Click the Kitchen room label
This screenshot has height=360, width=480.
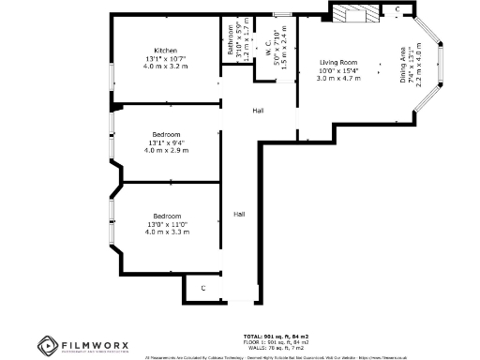[x=166, y=50]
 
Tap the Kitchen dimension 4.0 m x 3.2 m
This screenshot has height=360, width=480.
[x=166, y=67]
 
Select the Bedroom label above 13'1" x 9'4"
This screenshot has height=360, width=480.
[x=166, y=134]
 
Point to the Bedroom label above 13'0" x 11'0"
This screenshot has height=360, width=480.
[x=166, y=216]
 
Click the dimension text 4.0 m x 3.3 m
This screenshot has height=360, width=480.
[x=166, y=232]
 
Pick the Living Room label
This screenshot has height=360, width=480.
[x=339, y=62]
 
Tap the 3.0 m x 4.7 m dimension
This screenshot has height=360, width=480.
[x=339, y=79]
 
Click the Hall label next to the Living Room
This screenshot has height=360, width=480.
[x=258, y=112]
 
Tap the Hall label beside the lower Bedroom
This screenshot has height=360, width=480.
[x=240, y=214]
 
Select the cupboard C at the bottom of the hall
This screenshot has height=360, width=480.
[x=202, y=288]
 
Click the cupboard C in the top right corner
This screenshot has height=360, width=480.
[x=397, y=9]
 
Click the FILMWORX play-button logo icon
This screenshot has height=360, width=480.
[x=45, y=345]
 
